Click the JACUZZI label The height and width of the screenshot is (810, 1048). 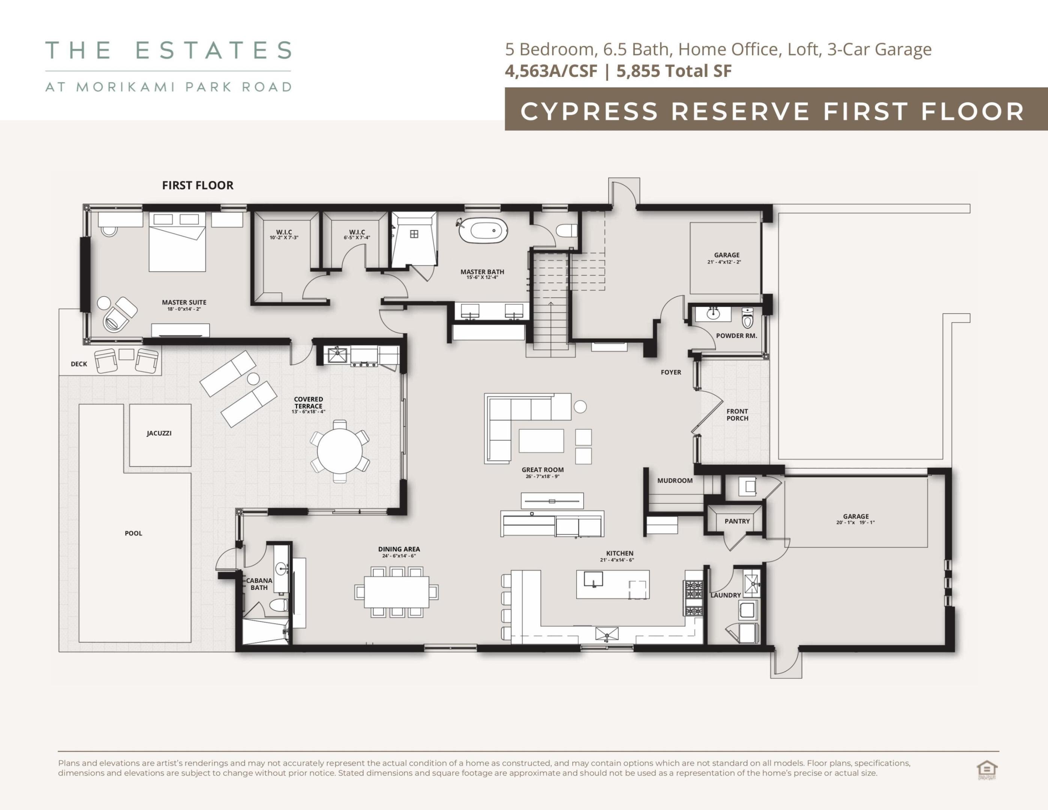coord(159,433)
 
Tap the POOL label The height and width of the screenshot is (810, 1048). coord(133,533)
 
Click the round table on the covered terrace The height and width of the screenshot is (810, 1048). coord(340,451)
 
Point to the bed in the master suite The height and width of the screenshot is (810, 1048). coord(177,242)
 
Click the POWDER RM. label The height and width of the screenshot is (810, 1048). coord(736,336)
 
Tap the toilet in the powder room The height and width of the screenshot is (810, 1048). coord(748,318)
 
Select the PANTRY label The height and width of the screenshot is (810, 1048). coord(737,521)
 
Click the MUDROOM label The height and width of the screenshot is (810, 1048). coord(675,480)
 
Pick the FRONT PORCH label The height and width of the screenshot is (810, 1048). coord(737,415)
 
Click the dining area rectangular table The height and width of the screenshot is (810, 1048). coord(396,592)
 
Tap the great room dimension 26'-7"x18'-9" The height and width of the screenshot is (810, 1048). coord(543,477)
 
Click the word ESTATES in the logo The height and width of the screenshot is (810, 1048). coord(214,50)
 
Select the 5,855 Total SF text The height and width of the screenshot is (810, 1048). coord(674,71)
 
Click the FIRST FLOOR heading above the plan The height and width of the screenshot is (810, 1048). coord(198,185)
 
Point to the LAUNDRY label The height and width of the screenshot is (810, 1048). coord(725,595)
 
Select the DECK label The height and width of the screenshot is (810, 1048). coord(79,364)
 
